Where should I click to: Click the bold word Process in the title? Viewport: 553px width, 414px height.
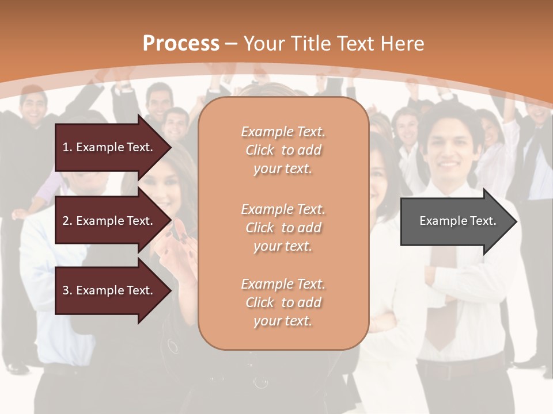(181, 44)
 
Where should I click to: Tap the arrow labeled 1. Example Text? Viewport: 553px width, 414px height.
(109, 147)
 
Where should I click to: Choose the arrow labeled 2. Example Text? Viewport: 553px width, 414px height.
(109, 221)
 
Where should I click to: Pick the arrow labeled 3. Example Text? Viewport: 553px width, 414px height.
(109, 290)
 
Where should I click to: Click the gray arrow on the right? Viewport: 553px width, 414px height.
(455, 221)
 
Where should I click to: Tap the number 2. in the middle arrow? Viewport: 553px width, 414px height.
(67, 221)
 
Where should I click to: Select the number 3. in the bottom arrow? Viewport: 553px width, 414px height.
(67, 290)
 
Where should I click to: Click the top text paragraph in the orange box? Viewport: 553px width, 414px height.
(283, 150)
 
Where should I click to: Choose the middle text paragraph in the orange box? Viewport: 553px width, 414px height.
(283, 228)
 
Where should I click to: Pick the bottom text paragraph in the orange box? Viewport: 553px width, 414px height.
(283, 302)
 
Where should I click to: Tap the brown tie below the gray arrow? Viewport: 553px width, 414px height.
(443, 299)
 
